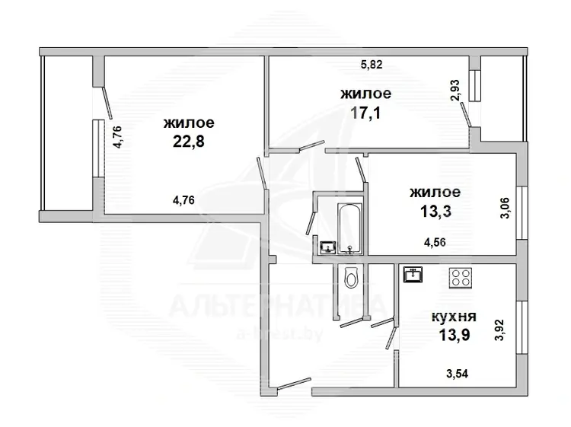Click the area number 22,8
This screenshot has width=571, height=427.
[x=188, y=141]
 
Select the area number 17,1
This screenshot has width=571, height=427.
[x=365, y=113]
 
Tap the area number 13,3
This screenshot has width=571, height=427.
[x=435, y=211]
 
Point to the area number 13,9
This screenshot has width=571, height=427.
[x=454, y=335]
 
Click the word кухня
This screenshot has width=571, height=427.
[x=454, y=317]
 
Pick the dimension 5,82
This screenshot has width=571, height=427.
[x=372, y=65]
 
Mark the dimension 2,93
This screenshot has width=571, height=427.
[x=455, y=91]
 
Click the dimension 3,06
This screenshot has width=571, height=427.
[x=505, y=208]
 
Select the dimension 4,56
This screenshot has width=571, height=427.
[x=435, y=242]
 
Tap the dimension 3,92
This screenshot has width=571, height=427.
[x=499, y=330]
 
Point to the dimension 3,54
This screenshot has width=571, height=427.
[x=457, y=374]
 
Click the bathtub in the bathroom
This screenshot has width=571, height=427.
[x=349, y=228]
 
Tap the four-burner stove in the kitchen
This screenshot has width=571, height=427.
[x=461, y=278]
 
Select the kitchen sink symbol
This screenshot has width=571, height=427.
[x=413, y=275]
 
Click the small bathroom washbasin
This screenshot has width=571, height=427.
[x=328, y=248]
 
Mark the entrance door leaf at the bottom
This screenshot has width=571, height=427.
[x=294, y=384]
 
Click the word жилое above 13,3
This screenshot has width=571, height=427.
[x=435, y=193]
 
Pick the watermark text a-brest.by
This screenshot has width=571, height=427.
[x=279, y=333]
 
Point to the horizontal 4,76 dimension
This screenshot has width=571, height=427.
[x=183, y=200]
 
